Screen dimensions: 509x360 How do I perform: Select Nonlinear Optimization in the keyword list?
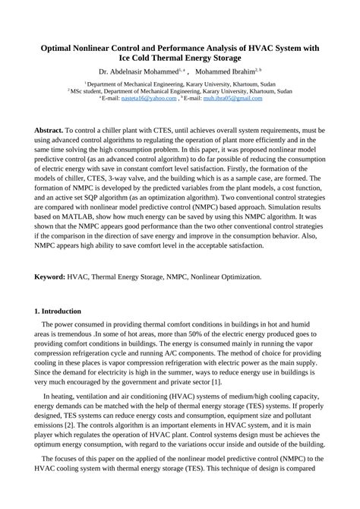pyautogui.click(x=222, y=277)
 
